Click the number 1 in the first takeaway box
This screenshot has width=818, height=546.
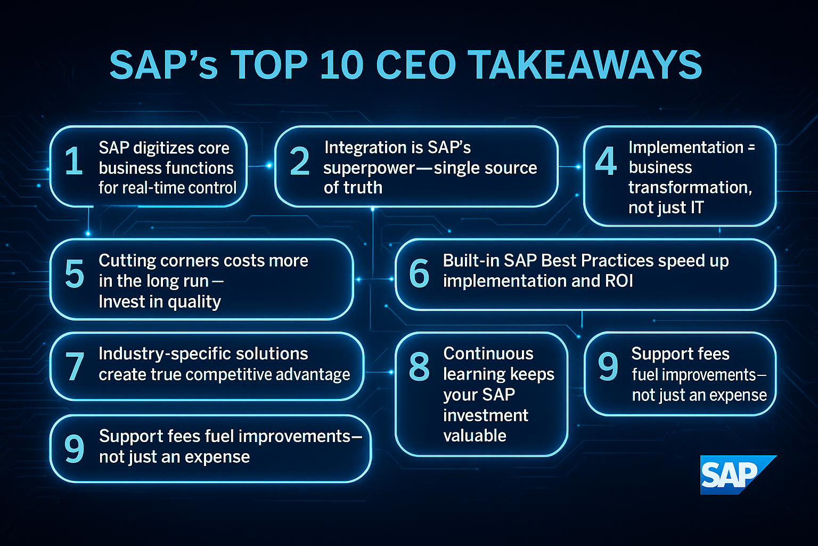click(74, 160)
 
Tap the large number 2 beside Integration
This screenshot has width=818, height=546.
click(299, 160)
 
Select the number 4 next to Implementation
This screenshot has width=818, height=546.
click(606, 160)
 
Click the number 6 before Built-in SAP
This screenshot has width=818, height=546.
click(419, 273)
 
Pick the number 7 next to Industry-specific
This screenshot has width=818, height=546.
click(75, 366)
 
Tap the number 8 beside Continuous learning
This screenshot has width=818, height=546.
click(419, 366)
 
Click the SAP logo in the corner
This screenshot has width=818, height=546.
click(738, 475)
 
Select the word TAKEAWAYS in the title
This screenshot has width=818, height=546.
click(584, 65)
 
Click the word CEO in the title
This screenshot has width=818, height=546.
click(416, 65)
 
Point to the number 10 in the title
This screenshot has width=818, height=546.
click(341, 65)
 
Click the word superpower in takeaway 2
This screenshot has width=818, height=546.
click(369, 168)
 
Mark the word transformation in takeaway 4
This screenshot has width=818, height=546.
click(690, 188)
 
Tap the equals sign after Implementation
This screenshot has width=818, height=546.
click(751, 147)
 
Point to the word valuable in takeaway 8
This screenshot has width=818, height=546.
click(475, 436)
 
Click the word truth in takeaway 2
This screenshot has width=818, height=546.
click(363, 188)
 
